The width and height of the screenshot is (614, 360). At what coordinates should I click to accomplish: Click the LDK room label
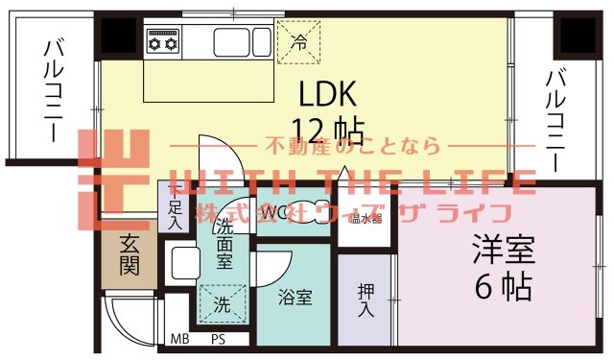point(328,93)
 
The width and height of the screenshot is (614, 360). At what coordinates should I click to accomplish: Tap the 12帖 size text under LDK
point(327,129)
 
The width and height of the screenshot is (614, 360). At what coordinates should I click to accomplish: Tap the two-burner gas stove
point(162,42)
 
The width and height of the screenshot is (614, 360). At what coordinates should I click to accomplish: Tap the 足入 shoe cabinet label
point(175,213)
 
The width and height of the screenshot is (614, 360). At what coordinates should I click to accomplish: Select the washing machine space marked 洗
point(222,307)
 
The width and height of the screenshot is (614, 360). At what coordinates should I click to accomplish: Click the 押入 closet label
point(366,300)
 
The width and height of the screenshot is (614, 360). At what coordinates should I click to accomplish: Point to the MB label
point(179,339)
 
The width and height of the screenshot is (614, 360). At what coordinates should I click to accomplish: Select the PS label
point(218,339)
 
